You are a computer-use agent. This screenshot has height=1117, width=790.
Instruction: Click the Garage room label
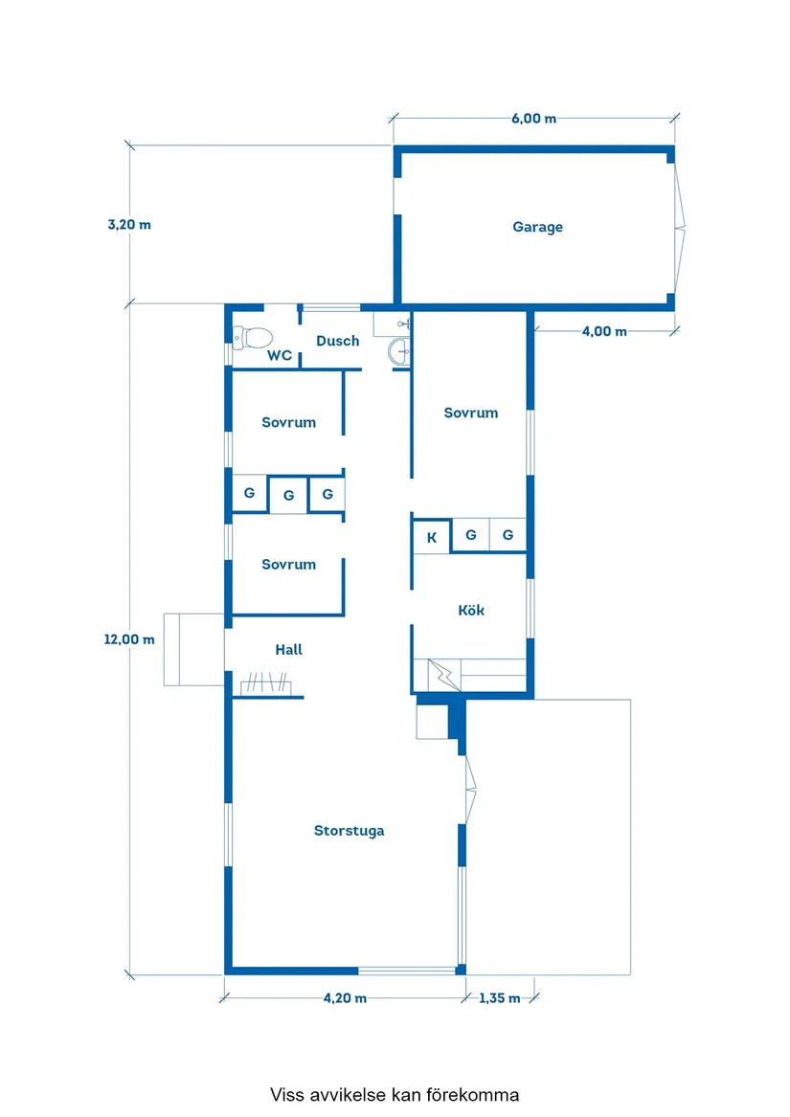tap(537, 227)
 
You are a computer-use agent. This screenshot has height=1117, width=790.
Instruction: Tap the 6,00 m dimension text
tap(533, 119)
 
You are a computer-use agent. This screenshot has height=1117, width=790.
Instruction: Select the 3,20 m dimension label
tap(129, 224)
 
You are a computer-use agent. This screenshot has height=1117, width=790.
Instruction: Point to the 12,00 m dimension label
tap(129, 639)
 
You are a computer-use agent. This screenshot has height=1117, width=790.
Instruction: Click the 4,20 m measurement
tap(345, 998)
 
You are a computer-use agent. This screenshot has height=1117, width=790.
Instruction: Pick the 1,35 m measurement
tap(499, 998)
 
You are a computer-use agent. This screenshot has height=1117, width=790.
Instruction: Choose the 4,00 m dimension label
tap(604, 331)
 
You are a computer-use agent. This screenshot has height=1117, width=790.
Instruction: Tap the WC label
tap(280, 355)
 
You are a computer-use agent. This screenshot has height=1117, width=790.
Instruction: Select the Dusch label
tap(337, 341)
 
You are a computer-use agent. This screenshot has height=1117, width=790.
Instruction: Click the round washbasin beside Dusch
tap(399, 351)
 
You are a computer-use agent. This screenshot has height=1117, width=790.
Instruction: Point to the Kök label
tap(470, 610)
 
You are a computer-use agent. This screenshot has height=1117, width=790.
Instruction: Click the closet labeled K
tap(431, 537)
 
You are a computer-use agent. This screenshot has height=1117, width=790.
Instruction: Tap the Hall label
tap(289, 650)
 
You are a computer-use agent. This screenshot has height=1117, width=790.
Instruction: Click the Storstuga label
tap(349, 831)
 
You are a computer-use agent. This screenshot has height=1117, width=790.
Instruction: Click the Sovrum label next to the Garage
tap(470, 413)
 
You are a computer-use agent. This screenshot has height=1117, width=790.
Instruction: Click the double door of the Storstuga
tap(470, 790)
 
